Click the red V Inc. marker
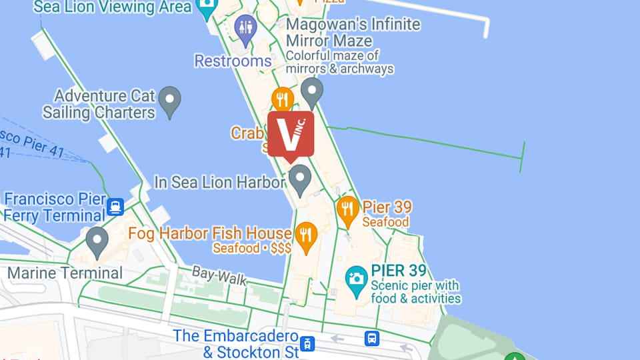pos(291,134)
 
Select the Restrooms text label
pos(233,61)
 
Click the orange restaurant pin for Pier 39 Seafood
pos(347,209)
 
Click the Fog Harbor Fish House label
pos(210,233)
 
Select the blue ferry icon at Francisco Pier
pos(115,206)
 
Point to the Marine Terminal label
pos(65,273)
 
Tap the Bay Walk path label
pos(219,275)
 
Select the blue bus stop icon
pos(372,338)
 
